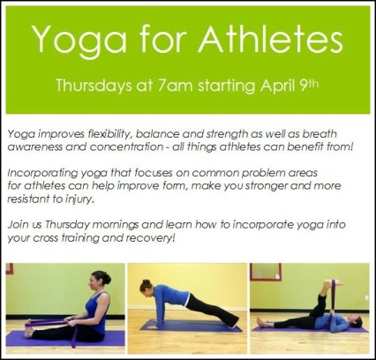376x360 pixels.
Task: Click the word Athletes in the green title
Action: (x=264, y=41)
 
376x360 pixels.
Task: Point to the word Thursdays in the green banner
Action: (x=93, y=87)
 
